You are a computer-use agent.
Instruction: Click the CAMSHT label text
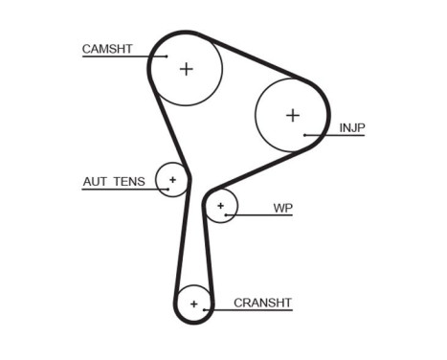click(107, 48)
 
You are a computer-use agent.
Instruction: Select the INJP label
click(352, 127)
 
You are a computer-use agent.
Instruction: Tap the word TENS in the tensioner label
click(131, 180)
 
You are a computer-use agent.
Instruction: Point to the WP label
click(282, 207)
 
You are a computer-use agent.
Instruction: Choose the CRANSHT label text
click(262, 303)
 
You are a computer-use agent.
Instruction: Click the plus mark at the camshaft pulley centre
click(186, 68)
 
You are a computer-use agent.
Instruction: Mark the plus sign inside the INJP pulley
click(292, 115)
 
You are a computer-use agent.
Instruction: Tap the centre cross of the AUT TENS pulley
click(173, 179)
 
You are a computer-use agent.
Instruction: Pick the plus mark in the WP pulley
click(221, 205)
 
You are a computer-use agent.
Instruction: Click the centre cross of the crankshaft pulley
click(194, 304)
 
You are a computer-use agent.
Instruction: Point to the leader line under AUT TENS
click(120, 188)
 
